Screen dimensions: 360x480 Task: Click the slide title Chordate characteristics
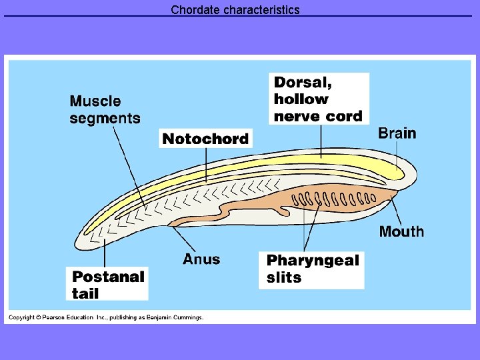(x=235, y=10)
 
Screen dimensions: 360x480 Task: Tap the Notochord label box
(x=205, y=139)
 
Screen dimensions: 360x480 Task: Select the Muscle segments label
(x=105, y=110)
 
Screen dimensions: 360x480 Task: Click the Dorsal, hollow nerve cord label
(x=319, y=99)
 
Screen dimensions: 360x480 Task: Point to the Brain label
(x=397, y=133)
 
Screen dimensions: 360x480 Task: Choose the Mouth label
(x=401, y=231)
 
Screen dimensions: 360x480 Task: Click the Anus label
(x=201, y=259)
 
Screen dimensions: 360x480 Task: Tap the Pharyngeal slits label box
(x=312, y=269)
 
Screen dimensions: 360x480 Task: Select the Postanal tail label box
(x=108, y=284)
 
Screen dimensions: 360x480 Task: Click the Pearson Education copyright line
(x=105, y=317)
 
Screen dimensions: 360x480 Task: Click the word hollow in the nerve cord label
(x=301, y=99)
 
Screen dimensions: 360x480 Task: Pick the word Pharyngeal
(x=313, y=261)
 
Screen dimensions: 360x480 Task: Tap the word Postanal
(x=108, y=276)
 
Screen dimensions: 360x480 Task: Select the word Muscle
(x=95, y=101)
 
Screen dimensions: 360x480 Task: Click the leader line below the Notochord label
(x=206, y=164)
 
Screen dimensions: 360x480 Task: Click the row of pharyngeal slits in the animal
(x=334, y=199)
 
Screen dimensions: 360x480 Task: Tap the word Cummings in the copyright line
(x=187, y=317)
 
